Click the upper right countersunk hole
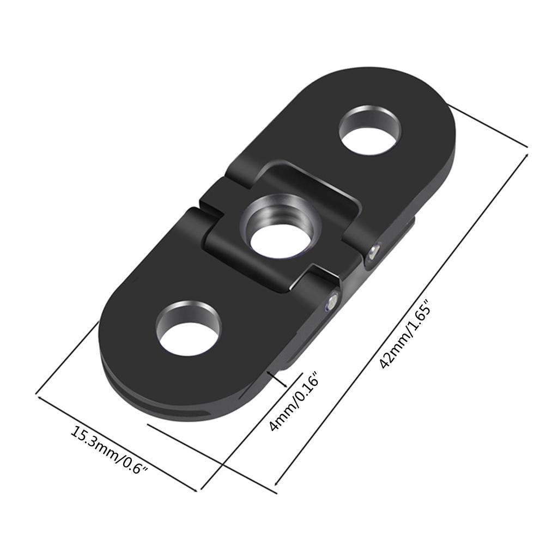[x=370, y=131]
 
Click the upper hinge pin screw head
[x=373, y=251]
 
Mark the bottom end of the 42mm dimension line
[x=276, y=484]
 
